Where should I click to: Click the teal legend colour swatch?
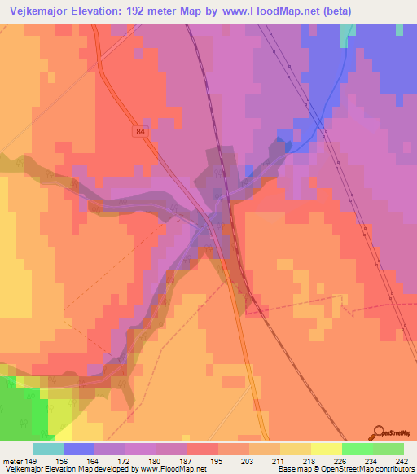pyautogui.click(x=48, y=449)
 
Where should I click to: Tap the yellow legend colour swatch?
pyautogui.click(x=327, y=449)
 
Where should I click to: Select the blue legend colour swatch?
pyautogui.click(x=79, y=449)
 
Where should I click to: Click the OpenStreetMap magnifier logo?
pyautogui.click(x=380, y=432)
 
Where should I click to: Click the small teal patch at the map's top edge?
pyautogui.click(x=348, y=31)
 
